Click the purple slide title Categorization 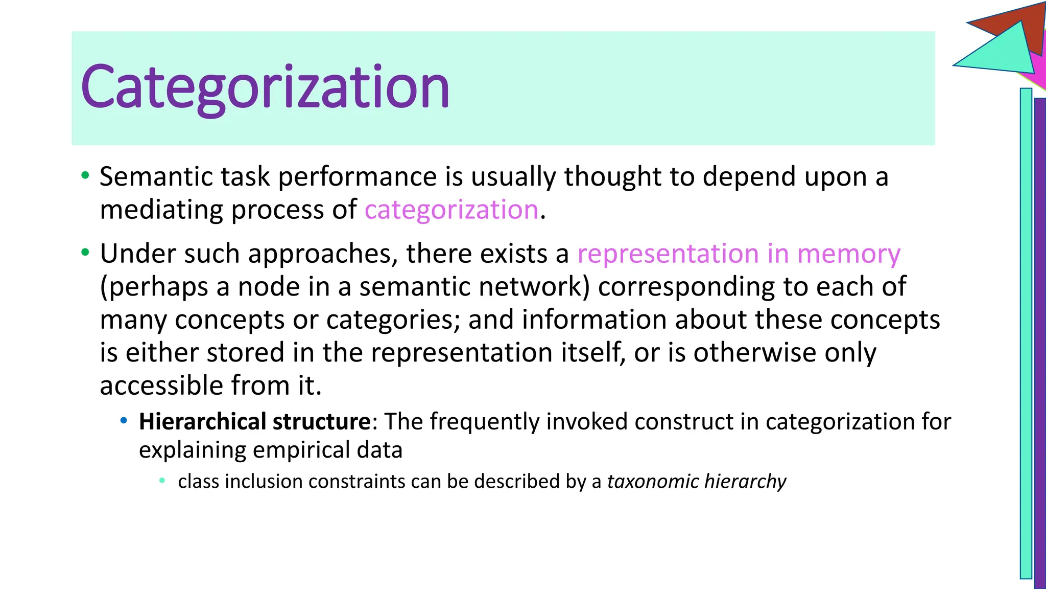coord(265,87)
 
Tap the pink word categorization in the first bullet coord(451,210)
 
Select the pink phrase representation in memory coord(739,254)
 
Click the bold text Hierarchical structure coord(254,422)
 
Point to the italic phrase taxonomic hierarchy coord(696,482)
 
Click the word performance coord(357,177)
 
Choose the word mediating coord(161,210)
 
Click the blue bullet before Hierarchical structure coord(123,421)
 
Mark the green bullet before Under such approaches coord(85,253)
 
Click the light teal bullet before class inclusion coord(162,481)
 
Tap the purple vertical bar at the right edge coord(1040,343)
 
